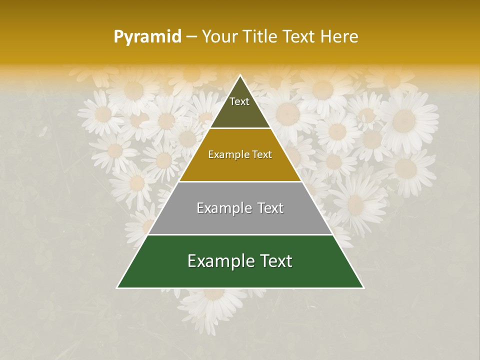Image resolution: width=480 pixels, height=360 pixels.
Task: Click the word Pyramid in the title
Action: [x=147, y=37]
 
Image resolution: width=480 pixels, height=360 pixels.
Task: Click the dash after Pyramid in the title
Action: [x=191, y=37]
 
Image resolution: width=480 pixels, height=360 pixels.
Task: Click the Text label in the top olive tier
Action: [x=239, y=101]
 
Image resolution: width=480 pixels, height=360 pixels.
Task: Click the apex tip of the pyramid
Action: [x=240, y=75]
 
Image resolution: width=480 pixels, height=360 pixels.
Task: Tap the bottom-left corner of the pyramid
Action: [x=117, y=287]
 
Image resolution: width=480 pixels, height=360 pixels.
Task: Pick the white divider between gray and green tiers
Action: [x=240, y=234]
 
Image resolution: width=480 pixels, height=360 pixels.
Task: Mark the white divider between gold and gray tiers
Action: [x=240, y=181]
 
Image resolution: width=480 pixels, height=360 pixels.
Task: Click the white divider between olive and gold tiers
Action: [x=240, y=128]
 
